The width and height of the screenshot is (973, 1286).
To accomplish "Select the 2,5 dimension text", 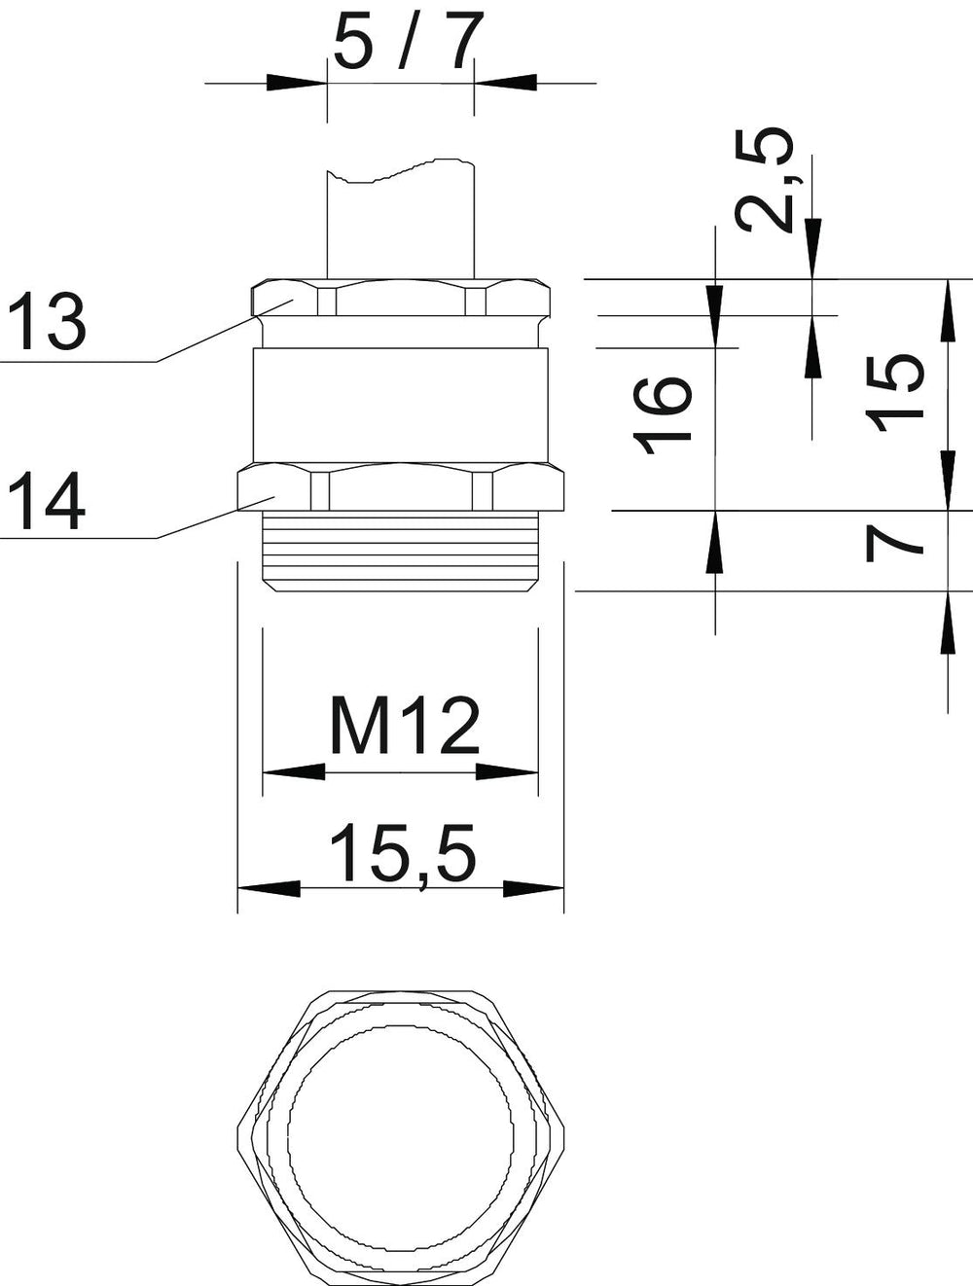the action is point(767,179).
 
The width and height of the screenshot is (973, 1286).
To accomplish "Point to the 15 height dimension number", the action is point(894,392).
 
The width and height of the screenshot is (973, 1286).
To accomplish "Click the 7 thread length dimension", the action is point(894,543).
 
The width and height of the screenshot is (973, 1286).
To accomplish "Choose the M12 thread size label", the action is point(405,725).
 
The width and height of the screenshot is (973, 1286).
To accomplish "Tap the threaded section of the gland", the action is point(401,551).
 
